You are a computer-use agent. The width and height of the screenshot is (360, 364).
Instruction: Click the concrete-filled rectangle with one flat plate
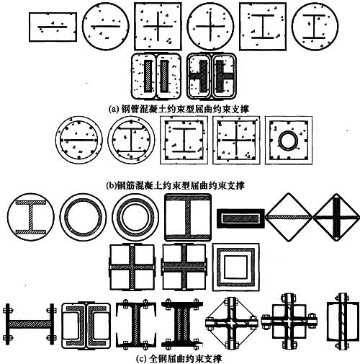(53, 27)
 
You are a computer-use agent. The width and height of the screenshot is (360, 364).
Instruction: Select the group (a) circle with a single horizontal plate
(106, 26)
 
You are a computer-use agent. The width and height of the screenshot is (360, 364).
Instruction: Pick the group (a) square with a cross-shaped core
(158, 26)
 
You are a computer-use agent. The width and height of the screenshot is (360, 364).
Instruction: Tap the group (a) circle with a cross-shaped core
(210, 26)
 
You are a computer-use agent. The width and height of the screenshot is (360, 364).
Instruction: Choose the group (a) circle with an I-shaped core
(315, 26)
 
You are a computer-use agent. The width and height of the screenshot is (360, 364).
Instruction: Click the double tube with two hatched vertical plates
(156, 76)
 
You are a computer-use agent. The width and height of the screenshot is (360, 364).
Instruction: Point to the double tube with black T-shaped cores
(212, 76)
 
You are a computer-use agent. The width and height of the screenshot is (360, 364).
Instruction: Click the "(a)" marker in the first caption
(114, 110)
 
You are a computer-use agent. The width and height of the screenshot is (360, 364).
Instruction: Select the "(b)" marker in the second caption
(111, 185)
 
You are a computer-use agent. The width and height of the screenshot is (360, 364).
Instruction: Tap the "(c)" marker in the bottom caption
(141, 359)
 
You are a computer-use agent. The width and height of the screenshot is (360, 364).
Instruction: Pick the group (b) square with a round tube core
(289, 141)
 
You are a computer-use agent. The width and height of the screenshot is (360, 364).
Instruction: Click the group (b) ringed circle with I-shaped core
(131, 140)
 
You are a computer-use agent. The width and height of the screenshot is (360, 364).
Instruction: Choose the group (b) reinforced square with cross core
(236, 141)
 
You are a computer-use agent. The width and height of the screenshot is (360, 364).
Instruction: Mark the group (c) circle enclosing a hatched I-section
(31, 217)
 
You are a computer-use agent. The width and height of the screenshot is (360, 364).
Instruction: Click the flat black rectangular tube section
(240, 218)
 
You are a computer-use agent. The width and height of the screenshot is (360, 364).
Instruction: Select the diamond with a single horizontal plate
(289, 217)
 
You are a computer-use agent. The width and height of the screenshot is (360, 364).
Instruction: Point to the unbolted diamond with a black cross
(336, 217)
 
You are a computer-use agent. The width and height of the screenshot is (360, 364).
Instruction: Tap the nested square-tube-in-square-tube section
(236, 267)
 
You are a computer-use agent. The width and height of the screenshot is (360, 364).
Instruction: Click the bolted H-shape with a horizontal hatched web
(30, 324)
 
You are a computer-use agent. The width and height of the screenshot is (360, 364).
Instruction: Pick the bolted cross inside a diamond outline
(232, 323)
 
